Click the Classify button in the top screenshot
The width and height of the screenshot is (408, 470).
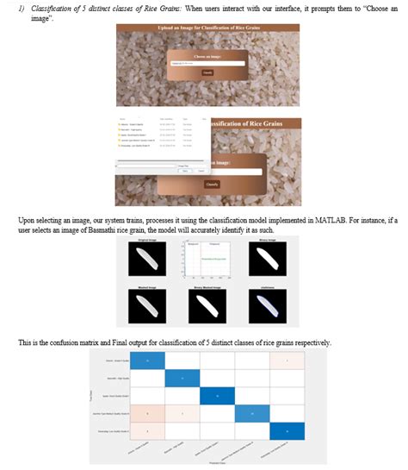(207, 72)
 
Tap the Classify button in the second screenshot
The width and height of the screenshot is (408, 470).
(212, 184)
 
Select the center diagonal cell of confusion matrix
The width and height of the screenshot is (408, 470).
(217, 394)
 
